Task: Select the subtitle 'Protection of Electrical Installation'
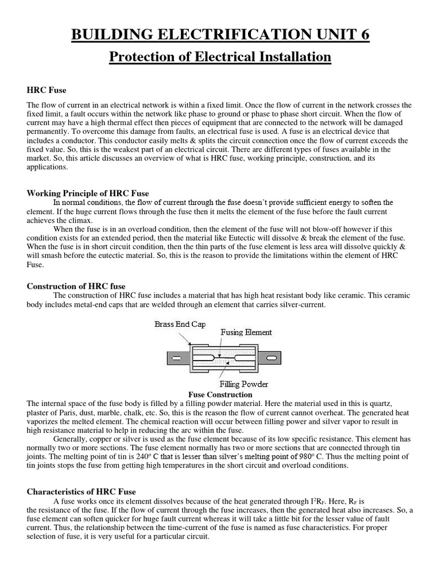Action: click(220, 57)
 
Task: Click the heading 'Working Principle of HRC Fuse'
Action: click(88, 193)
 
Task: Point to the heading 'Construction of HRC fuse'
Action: click(76, 286)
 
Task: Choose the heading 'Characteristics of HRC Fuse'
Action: click(82, 492)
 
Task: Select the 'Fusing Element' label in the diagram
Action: click(246, 332)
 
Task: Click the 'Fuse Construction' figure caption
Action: click(220, 395)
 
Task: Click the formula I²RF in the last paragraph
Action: click(318, 501)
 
